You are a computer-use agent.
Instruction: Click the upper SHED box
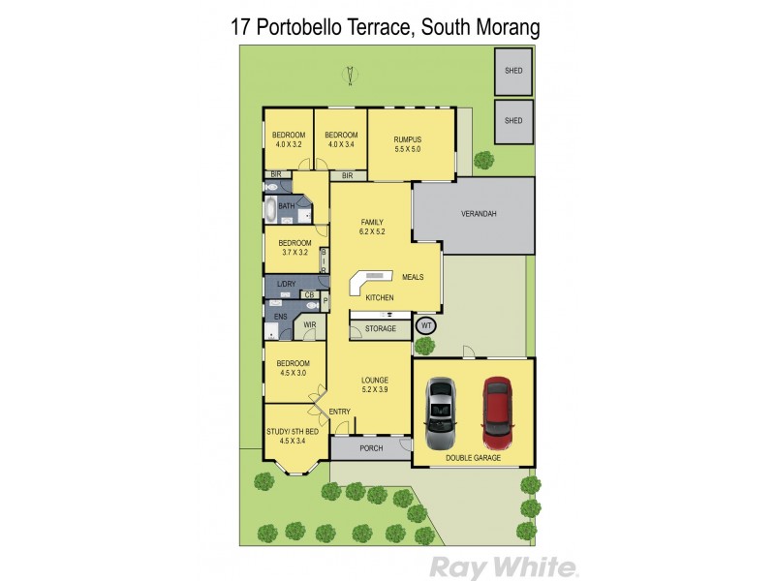(x=513, y=71)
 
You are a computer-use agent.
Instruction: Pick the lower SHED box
(x=513, y=120)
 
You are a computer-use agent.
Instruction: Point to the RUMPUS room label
(x=407, y=144)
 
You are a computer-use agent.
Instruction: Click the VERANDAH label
(x=479, y=214)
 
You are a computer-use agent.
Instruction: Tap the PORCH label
(x=371, y=448)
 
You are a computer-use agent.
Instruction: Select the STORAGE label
(x=381, y=329)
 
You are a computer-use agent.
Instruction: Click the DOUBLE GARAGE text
(x=473, y=457)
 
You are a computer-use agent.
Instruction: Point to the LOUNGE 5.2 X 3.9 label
(x=375, y=384)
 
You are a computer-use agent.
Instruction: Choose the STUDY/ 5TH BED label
(x=292, y=437)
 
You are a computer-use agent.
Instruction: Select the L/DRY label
(x=285, y=284)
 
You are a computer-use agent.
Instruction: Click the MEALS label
(x=412, y=277)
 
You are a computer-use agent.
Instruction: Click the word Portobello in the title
(x=334, y=26)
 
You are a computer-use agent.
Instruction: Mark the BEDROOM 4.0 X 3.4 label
(x=342, y=139)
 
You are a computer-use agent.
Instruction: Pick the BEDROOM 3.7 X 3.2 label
(x=294, y=247)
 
